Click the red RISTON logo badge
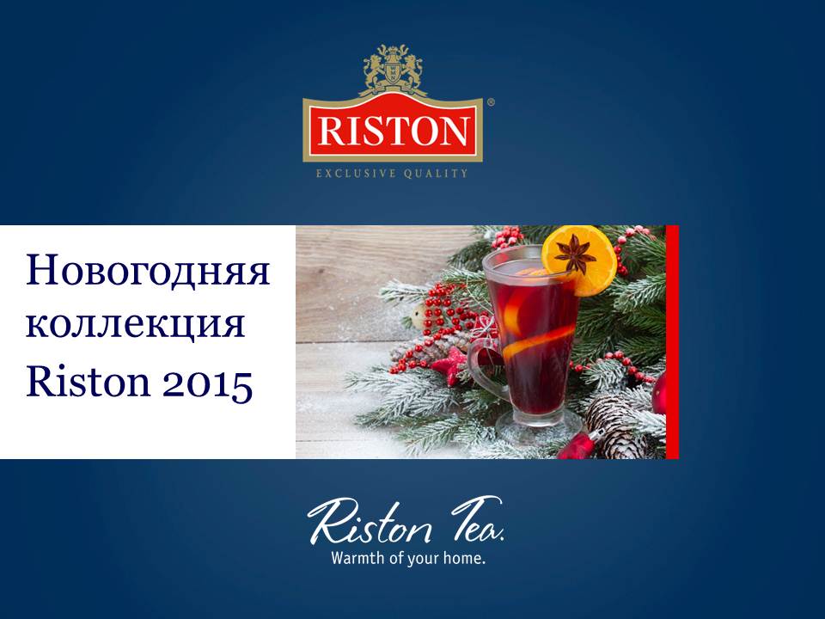tap(393, 128)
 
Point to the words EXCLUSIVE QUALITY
tap(392, 173)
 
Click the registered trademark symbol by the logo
tap(491, 103)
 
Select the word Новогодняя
tap(148, 271)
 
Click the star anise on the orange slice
tap(574, 254)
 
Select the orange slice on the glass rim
tap(580, 260)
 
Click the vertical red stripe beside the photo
tap(672, 342)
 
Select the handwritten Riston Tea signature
tap(405, 520)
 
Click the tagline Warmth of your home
tap(407, 558)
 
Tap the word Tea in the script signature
tap(477, 518)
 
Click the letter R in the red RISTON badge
tap(331, 131)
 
